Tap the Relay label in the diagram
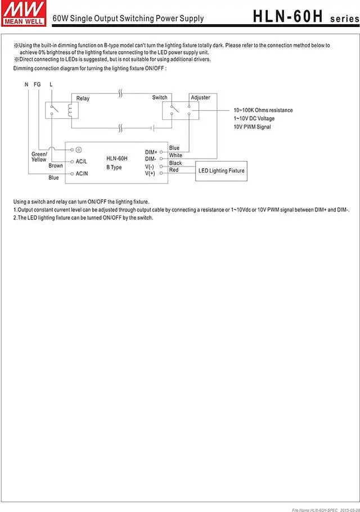click(83, 98)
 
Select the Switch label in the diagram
click(160, 97)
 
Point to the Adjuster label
click(200, 97)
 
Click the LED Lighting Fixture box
click(221, 170)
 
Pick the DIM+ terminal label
click(151, 152)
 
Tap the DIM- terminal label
click(151, 159)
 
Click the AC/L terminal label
click(82, 161)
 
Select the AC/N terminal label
click(82, 173)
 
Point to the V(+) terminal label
click(150, 173)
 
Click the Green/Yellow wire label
click(39, 157)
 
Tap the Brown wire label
click(56, 166)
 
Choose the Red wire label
click(174, 170)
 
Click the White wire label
click(175, 155)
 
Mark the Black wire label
click(175, 163)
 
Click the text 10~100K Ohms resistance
click(263, 110)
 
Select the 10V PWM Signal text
click(252, 127)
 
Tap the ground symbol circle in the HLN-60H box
click(79, 150)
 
